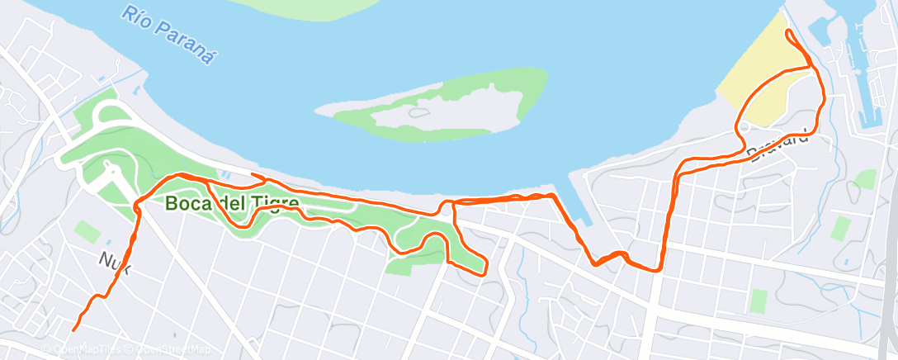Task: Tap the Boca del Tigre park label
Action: pos(231,202)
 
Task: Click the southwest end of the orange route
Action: pos(74,329)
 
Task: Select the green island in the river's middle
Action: pos(446,102)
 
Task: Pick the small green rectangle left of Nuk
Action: pos(86,231)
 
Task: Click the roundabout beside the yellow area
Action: pos(743,126)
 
